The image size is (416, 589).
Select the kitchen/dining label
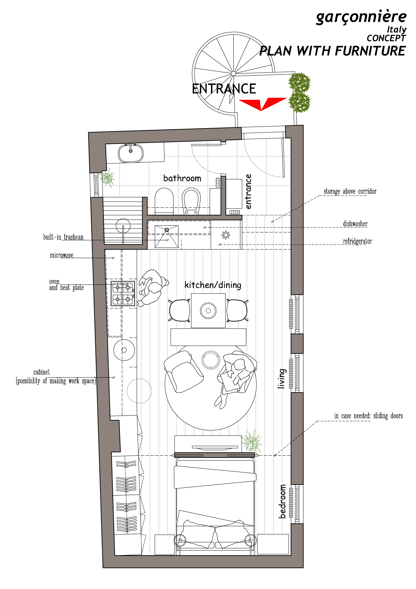tap(213, 285)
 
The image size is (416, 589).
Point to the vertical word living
tap(282, 378)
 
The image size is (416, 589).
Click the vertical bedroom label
tap(282, 501)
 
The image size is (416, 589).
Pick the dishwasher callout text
tap(355, 224)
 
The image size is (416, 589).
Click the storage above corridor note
tap(350, 191)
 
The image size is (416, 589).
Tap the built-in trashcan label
tap(63, 237)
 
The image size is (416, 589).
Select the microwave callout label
tap(62, 255)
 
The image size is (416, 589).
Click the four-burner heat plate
tap(123, 293)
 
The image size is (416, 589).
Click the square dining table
tap(208, 311)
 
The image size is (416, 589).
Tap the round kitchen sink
tap(124, 350)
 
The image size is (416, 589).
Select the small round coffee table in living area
tap(211, 360)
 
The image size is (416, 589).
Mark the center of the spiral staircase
tap(233, 74)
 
